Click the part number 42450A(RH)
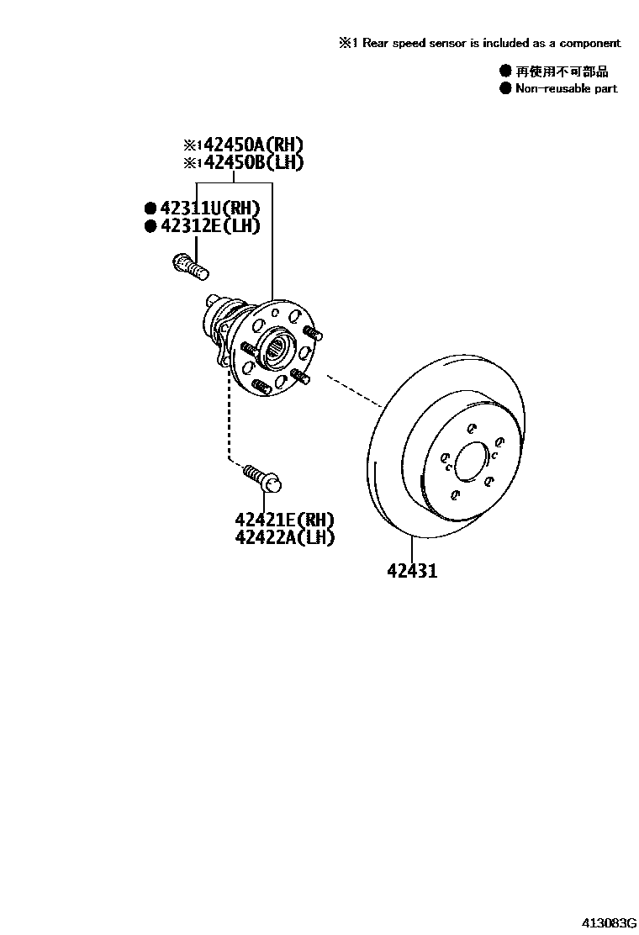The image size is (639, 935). pos(252,144)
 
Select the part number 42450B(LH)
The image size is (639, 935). pos(252,163)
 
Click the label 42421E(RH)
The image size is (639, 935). pos(285,520)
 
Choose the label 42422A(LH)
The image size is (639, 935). pos(285,537)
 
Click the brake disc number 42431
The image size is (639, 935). pos(412,572)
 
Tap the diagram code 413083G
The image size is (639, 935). pos(602,922)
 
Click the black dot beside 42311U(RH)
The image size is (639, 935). pos(151,208)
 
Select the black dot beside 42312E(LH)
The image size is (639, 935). pos(151,225)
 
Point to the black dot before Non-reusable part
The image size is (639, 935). pos(505,87)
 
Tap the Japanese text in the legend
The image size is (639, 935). pos(562,71)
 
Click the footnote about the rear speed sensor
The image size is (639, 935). pos(480,43)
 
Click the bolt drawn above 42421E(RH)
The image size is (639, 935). pos(262,477)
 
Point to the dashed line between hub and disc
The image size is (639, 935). pos(353,388)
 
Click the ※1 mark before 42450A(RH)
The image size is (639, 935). pos(193,145)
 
